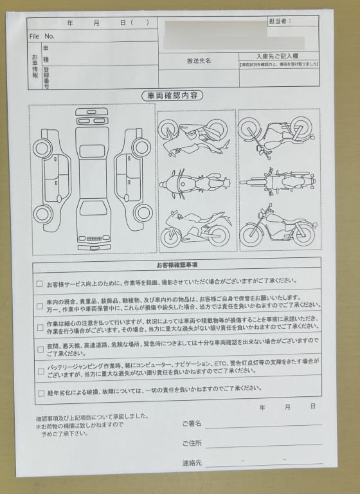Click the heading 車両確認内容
point(172,96)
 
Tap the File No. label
point(42,37)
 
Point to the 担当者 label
point(280,21)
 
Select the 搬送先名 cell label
point(199,61)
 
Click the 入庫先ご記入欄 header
point(278,57)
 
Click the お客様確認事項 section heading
point(176,264)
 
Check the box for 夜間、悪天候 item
point(40,349)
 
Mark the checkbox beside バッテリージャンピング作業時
point(40,370)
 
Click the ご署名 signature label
point(192,423)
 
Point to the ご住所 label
point(192,443)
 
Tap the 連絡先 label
point(192,463)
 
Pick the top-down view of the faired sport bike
point(195,183)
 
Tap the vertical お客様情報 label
point(35,66)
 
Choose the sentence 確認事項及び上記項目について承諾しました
point(93,417)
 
